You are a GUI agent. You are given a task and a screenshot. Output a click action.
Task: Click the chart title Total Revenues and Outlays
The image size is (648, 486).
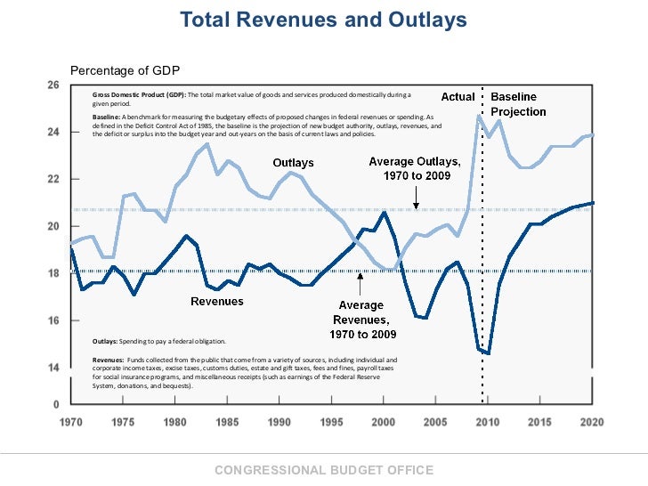tap(323, 20)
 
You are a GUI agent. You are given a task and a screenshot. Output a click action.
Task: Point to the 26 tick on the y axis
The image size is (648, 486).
tap(53, 85)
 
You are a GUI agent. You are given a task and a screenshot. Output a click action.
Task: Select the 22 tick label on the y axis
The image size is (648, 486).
tap(53, 179)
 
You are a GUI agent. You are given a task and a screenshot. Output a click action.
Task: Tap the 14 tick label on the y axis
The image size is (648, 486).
tap(53, 367)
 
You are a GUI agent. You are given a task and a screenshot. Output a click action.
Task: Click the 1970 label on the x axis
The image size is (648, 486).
tap(70, 422)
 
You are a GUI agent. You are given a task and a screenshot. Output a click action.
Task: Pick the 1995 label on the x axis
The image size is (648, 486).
tap(332, 422)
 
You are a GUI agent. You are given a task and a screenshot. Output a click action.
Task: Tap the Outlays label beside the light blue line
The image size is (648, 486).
tap(293, 163)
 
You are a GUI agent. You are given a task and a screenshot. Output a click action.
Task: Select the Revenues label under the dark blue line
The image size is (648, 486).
tap(217, 302)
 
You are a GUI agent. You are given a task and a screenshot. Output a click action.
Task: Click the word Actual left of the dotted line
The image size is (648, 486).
tap(458, 96)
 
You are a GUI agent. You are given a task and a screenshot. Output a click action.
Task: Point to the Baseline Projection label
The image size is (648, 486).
tap(518, 104)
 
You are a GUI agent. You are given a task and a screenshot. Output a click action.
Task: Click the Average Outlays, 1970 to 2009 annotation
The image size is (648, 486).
tap(415, 168)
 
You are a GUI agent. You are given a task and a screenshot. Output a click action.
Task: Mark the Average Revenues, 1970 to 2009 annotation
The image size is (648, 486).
tap(360, 319)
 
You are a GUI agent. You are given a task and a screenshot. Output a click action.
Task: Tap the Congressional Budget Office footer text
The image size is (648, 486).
tap(324, 470)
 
